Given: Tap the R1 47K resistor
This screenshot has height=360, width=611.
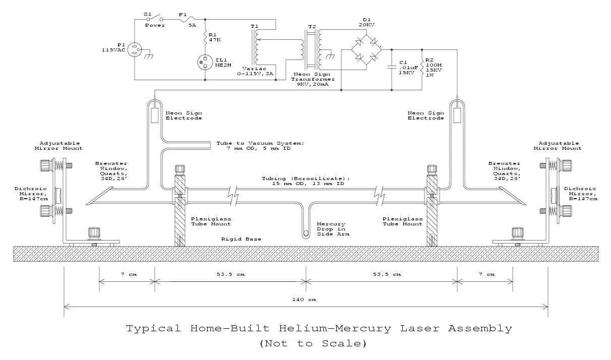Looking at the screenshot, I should click(x=206, y=37).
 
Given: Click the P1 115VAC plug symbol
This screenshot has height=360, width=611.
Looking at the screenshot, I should click(x=135, y=49).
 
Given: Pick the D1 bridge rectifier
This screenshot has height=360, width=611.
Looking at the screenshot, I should click(x=366, y=49).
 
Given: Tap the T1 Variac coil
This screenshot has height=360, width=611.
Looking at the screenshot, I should click(x=257, y=46).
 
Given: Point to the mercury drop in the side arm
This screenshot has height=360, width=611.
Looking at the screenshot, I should click(x=305, y=233).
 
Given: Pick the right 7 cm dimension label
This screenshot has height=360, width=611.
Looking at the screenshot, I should click(x=485, y=275).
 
